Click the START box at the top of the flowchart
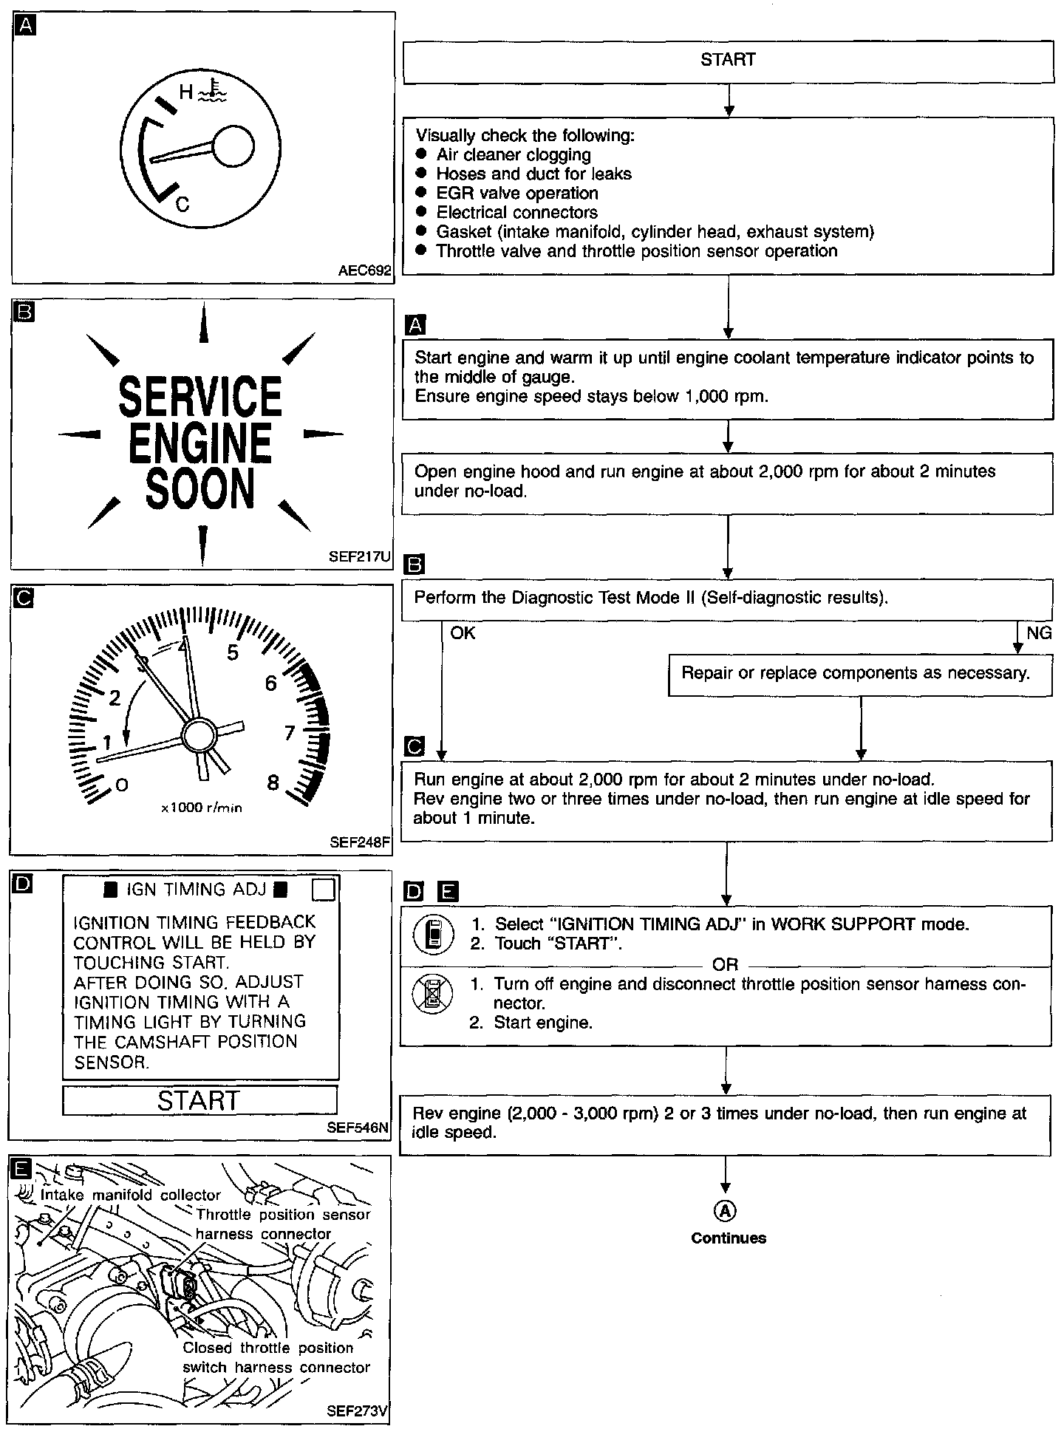pyautogui.click(x=728, y=60)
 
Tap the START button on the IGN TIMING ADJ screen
pyautogui.click(x=199, y=1100)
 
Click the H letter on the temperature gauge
pyautogui.click(x=186, y=92)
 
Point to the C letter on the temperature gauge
pyautogui.click(x=183, y=204)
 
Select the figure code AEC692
pyautogui.click(x=364, y=271)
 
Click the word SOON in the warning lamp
pyautogui.click(x=199, y=488)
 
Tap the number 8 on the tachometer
pyautogui.click(x=273, y=782)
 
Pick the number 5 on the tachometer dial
pyautogui.click(x=233, y=652)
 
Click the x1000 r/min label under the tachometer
pyautogui.click(x=202, y=808)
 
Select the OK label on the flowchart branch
pyautogui.click(x=463, y=633)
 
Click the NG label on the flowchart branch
pyautogui.click(x=1038, y=633)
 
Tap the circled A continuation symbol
pyautogui.click(x=726, y=1211)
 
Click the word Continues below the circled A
pyautogui.click(x=729, y=1238)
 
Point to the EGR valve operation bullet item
pyautogui.click(x=516, y=194)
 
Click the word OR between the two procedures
pyautogui.click(x=725, y=965)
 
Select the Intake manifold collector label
pyautogui.click(x=131, y=1195)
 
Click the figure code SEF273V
pyautogui.click(x=357, y=1411)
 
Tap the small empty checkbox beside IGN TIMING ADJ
pyautogui.click(x=324, y=890)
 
